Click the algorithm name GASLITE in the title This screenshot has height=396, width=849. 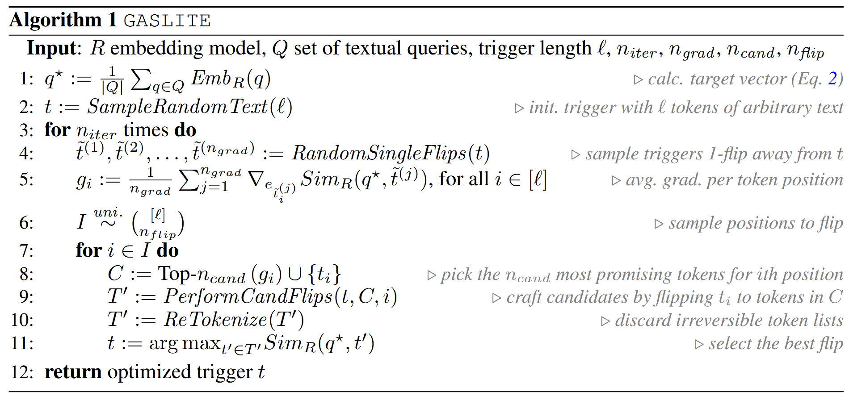tap(167, 21)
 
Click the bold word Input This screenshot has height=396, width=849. tap(52, 48)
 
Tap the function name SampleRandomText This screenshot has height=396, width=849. tap(177, 107)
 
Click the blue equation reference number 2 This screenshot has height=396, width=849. tap(832, 79)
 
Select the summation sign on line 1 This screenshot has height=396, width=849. tap(141, 80)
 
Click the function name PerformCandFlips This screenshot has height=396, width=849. tap(248, 296)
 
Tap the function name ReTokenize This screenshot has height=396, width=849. tap(215, 320)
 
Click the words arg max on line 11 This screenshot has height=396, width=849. tap(185, 343)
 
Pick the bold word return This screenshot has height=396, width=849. tap(73, 372)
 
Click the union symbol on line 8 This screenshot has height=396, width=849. tap(295, 274)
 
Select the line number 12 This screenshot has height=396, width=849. tap(22, 372)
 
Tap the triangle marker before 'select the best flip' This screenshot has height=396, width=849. tap(699, 344)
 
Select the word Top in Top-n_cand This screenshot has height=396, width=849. tap(174, 274)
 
